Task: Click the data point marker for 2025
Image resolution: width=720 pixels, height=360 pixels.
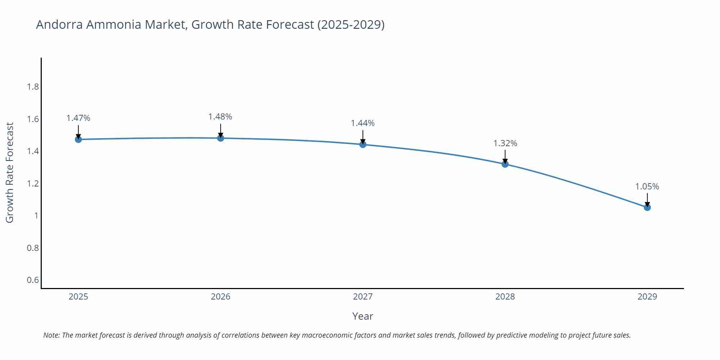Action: pyautogui.click(x=78, y=139)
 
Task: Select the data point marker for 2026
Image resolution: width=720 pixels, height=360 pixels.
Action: pyautogui.click(x=221, y=138)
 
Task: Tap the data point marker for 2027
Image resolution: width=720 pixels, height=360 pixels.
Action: pyautogui.click(x=363, y=144)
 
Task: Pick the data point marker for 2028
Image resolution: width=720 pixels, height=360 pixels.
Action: pyautogui.click(x=505, y=164)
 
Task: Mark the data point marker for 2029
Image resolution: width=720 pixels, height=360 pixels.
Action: pyautogui.click(x=647, y=207)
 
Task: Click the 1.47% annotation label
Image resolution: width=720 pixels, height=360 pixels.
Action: pyautogui.click(x=78, y=118)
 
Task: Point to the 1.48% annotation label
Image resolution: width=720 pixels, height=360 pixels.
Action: pyautogui.click(x=220, y=117)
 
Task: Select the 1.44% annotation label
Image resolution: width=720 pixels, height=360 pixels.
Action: pyautogui.click(x=363, y=123)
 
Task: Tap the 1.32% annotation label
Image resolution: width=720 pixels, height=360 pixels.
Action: pyautogui.click(x=505, y=143)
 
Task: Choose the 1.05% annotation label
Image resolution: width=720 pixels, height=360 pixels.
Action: pyautogui.click(x=647, y=186)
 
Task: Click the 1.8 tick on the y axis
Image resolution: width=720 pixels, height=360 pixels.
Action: pyautogui.click(x=33, y=87)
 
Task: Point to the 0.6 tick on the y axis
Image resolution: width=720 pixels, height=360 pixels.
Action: pyautogui.click(x=33, y=280)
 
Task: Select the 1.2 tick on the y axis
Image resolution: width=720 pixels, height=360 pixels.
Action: pyautogui.click(x=33, y=184)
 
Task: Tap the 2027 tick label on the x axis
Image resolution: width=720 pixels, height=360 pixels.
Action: pyautogui.click(x=363, y=297)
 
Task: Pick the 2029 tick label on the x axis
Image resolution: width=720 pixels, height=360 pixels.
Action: pyautogui.click(x=647, y=297)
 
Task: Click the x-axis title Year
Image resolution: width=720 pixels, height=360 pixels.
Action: pyautogui.click(x=363, y=316)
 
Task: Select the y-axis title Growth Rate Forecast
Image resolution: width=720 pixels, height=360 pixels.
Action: pyautogui.click(x=10, y=173)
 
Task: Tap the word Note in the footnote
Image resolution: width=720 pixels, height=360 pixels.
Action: pyautogui.click(x=51, y=335)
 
